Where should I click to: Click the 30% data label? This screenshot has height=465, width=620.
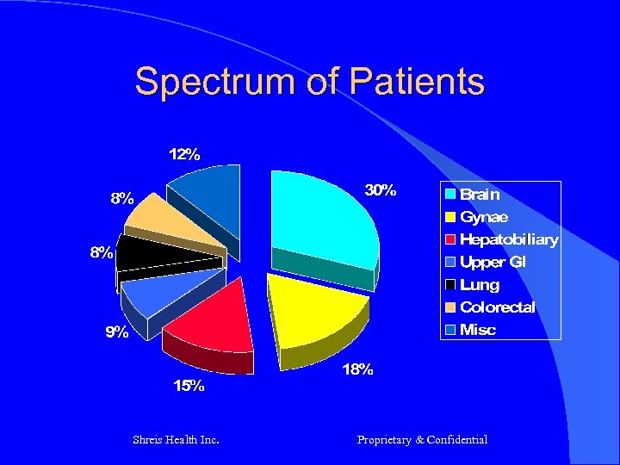pos(380,189)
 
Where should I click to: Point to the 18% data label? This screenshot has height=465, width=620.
pos(358,369)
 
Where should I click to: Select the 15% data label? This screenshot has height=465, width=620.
pos(189,386)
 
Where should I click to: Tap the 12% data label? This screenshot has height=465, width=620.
pos(184,155)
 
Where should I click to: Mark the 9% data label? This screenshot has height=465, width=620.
pos(117,332)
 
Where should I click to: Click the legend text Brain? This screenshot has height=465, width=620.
pos(480,195)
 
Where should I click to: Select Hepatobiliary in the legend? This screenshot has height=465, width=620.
pos(509,239)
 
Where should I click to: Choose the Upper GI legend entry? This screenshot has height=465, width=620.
pos(493,262)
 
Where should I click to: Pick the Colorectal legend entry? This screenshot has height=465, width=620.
pos(498,307)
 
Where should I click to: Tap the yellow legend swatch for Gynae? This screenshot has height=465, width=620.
pos(450,217)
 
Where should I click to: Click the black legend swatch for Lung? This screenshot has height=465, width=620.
pos(450,284)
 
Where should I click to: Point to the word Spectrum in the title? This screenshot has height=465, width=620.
pos(220,83)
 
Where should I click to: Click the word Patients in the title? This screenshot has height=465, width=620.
pos(417,83)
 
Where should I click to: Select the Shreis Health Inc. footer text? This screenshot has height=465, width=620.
pos(177,440)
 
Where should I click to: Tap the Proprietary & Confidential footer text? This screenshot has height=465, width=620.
pos(422,440)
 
